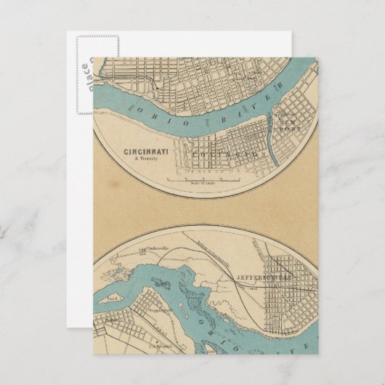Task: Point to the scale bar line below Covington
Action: coord(203,178)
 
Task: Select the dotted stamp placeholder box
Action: coord(81,69)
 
